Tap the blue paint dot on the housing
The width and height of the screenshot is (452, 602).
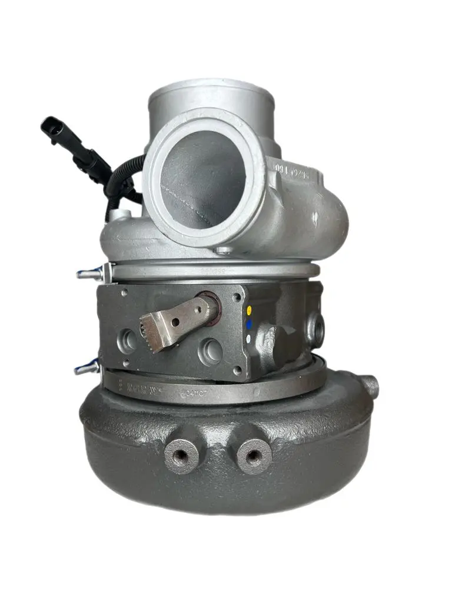point(250,324)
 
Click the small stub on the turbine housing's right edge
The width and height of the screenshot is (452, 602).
point(370,386)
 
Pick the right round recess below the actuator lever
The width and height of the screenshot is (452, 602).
point(210,351)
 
